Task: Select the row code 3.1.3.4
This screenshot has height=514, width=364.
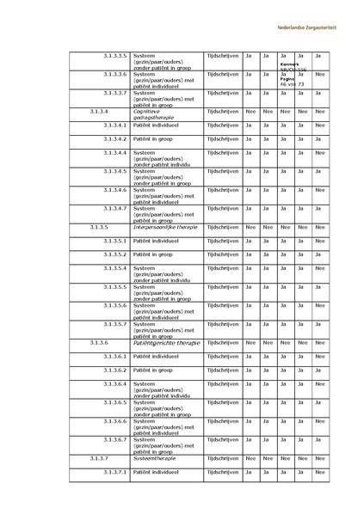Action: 99,111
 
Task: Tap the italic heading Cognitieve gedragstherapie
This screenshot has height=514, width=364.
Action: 153,113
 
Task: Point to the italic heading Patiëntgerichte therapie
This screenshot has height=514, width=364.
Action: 167,342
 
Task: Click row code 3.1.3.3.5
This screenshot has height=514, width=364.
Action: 114,55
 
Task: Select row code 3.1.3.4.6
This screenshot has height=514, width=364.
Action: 114,189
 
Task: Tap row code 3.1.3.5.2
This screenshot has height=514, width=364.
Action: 114,254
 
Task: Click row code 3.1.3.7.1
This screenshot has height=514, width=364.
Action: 114,473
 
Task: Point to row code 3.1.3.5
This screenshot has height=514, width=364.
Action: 99,226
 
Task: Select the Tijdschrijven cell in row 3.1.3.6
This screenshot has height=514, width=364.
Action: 223,342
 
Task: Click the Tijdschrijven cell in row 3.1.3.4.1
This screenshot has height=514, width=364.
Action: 223,125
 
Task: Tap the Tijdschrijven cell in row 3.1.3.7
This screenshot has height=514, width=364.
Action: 223,459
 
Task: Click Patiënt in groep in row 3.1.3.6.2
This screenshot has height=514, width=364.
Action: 153,370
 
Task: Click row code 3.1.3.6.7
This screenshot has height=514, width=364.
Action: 114,440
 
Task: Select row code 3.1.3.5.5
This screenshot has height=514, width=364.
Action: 114,286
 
